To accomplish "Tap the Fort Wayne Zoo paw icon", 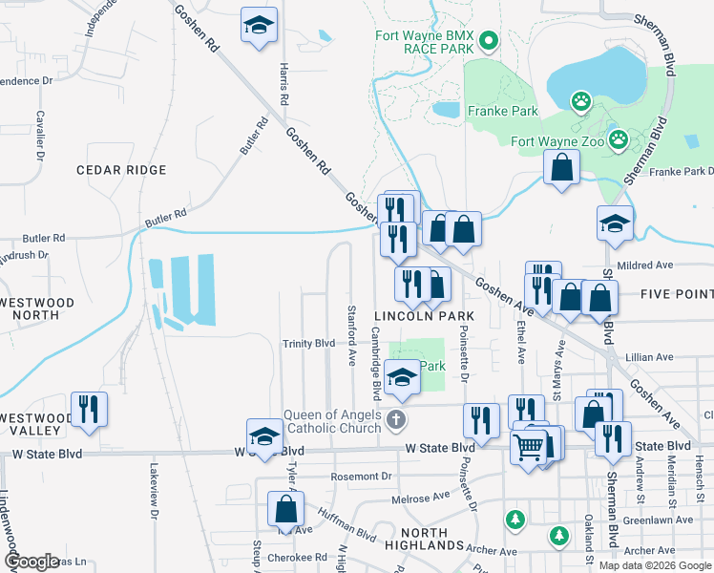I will point(620,140).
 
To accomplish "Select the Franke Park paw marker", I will point(579,100).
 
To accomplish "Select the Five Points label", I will point(678,294).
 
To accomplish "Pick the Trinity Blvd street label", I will point(308,344).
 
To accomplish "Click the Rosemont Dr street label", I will point(362,477).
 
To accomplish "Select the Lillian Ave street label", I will point(649,357).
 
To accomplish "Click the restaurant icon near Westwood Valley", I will point(88,408).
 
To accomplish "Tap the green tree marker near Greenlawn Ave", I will point(515,520).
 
